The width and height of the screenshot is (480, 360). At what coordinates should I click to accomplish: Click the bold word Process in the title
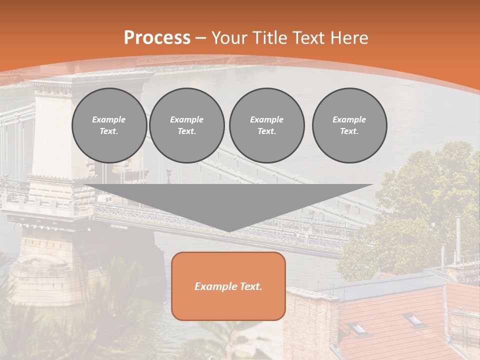(157, 38)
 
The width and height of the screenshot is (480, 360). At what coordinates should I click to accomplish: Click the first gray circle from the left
(109, 125)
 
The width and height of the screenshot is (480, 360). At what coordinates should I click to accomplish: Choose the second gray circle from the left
(186, 125)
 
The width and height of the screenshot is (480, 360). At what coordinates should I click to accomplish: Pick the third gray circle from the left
(266, 125)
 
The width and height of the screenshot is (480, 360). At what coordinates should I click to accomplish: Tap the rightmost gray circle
(349, 125)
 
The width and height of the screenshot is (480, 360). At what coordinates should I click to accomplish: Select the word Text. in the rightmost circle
(349, 131)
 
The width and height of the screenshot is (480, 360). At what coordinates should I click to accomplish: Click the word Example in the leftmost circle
(109, 119)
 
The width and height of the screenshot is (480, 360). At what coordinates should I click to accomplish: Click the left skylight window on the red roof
(358, 328)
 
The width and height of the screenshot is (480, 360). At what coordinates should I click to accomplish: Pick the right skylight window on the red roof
(413, 318)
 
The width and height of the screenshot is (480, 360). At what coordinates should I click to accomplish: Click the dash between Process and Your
(200, 38)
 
